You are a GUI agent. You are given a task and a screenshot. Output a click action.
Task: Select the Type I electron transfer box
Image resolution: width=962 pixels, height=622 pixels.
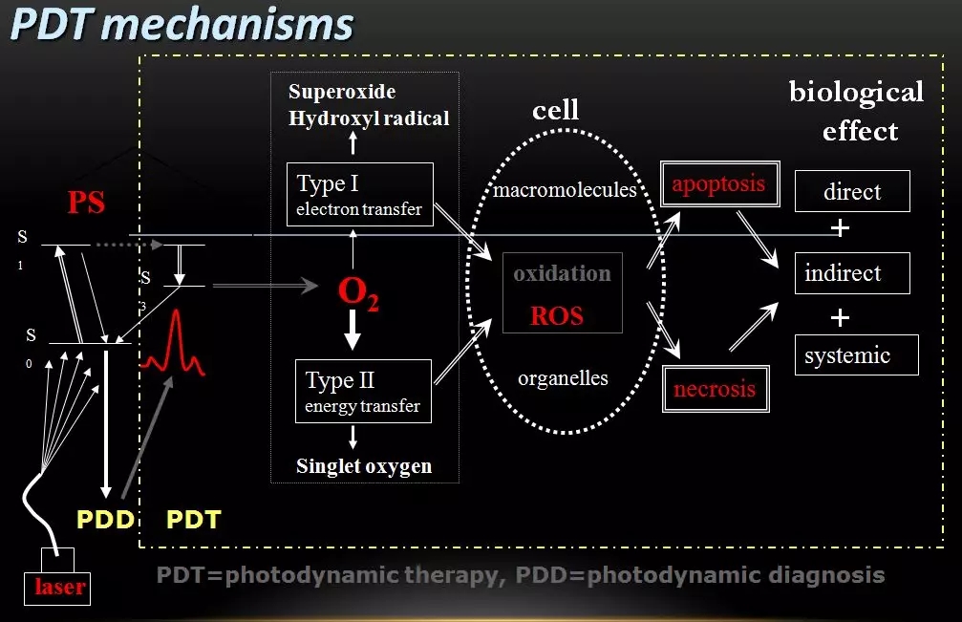(x=359, y=194)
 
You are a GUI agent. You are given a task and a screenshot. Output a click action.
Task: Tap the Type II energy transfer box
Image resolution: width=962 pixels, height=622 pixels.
(x=362, y=391)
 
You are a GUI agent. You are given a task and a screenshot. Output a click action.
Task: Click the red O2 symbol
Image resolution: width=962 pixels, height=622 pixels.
(x=358, y=293)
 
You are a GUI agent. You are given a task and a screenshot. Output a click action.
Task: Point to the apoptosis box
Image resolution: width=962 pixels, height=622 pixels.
(x=718, y=184)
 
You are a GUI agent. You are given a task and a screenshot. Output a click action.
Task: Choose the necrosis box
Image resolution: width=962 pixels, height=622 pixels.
(x=715, y=389)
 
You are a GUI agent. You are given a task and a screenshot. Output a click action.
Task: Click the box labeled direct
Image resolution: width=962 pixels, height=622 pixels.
(x=852, y=191)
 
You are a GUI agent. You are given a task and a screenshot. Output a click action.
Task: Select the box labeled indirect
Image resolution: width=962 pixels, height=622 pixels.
(x=852, y=273)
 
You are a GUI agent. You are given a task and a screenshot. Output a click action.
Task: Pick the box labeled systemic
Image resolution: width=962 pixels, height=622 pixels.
(x=856, y=355)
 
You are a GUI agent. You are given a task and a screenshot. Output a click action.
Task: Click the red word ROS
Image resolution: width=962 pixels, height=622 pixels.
(x=557, y=315)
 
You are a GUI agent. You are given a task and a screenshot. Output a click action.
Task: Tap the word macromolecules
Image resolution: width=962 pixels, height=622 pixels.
(x=565, y=189)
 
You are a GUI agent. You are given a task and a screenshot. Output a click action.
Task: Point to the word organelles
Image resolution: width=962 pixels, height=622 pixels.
(x=563, y=377)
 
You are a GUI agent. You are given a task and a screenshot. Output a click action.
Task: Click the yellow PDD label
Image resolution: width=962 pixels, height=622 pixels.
(x=104, y=520)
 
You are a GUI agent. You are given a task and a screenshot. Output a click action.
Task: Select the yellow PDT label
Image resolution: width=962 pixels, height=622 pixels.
(x=193, y=520)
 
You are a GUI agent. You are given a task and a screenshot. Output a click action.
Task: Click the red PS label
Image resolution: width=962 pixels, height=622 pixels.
(x=86, y=203)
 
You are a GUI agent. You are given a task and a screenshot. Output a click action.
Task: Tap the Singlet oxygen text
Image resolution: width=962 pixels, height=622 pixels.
(x=364, y=466)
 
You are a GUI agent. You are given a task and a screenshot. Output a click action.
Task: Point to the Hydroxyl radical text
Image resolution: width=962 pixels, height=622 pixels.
(x=369, y=118)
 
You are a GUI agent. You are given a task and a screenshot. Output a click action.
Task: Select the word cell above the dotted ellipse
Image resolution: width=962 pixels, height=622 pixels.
(x=555, y=110)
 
